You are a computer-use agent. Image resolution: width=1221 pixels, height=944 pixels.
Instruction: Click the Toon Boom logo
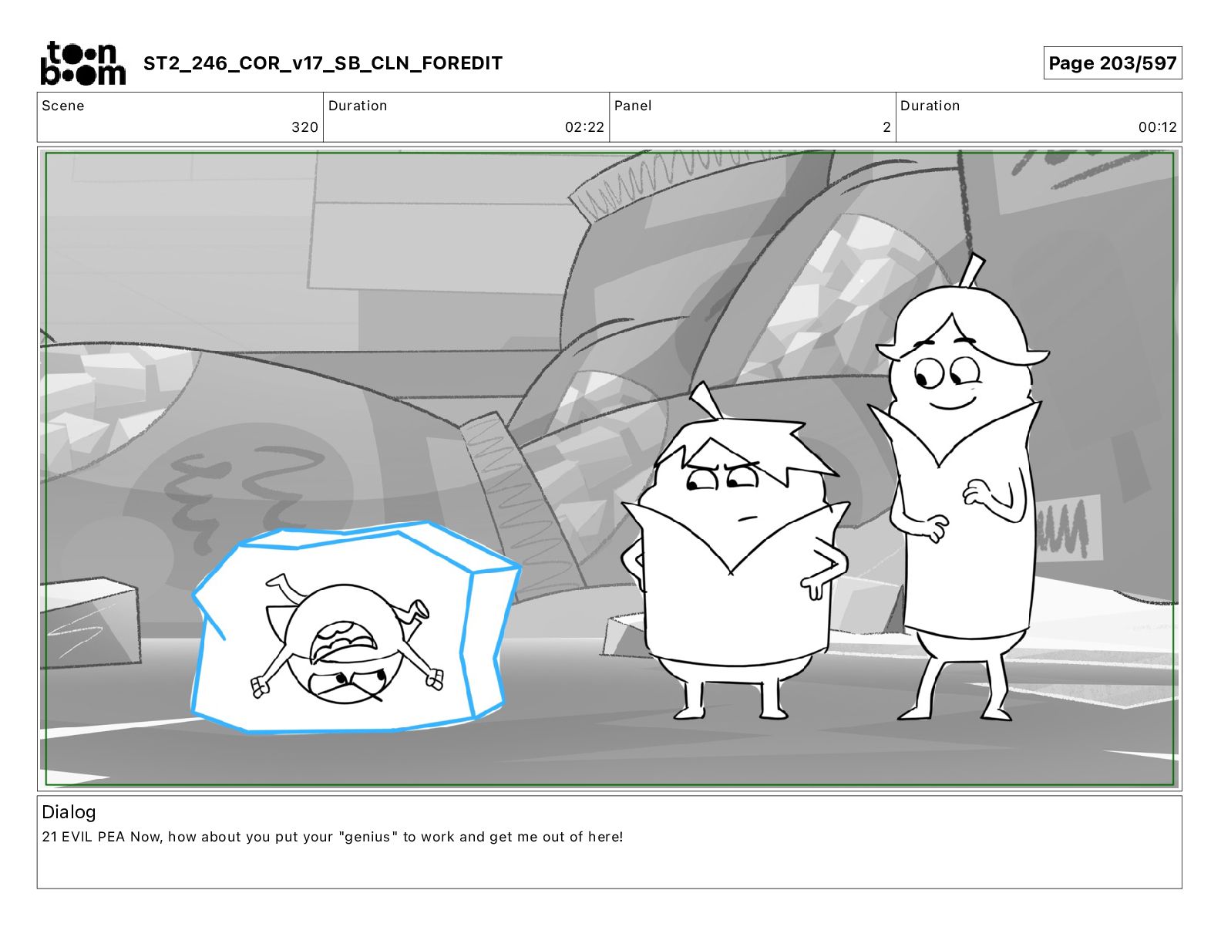click(x=83, y=63)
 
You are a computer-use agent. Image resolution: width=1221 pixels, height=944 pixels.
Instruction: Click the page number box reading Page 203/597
click(x=1112, y=63)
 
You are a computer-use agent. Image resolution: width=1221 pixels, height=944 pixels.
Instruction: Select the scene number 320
click(x=304, y=127)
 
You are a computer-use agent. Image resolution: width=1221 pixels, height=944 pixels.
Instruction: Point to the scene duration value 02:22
click(x=584, y=127)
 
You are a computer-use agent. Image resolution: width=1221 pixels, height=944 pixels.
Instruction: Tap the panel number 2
click(x=886, y=127)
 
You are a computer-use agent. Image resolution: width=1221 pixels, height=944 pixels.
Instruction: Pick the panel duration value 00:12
click(x=1158, y=127)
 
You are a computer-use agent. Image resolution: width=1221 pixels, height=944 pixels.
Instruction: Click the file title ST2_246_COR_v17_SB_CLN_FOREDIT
click(x=322, y=63)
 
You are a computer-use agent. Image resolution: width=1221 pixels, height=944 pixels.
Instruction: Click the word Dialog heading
click(x=69, y=812)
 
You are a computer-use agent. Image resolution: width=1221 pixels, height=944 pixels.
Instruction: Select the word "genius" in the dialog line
click(x=368, y=837)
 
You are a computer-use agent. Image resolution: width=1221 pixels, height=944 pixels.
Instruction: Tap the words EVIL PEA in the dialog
click(x=92, y=837)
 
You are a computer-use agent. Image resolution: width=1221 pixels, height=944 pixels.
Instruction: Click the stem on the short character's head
click(x=707, y=400)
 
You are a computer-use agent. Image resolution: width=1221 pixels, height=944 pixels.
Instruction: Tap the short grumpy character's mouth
click(x=747, y=518)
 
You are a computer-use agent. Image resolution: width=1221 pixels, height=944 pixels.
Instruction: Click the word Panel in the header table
click(x=633, y=106)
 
